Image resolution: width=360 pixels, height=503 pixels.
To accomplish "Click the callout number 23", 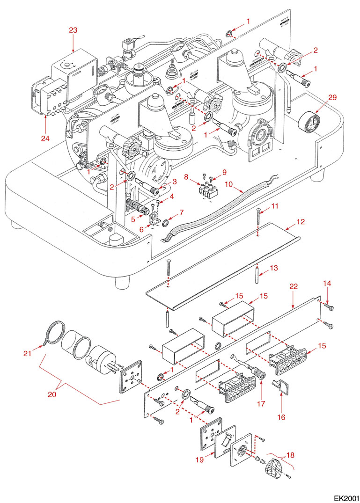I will coord(73,30).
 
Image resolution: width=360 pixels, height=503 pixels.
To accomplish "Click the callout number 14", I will coord(327,284).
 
